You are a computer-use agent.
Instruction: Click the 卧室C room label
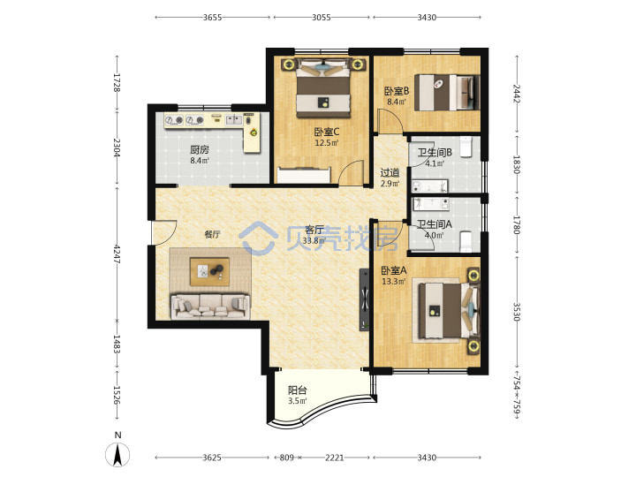point(327,132)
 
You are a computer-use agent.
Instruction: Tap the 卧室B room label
point(397,91)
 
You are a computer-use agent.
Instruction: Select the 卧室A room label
point(393,270)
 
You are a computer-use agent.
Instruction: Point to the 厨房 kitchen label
point(199,150)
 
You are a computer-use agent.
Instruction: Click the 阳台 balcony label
point(298,390)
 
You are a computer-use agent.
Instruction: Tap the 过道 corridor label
point(390,173)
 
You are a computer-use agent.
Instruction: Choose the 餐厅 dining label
point(212,234)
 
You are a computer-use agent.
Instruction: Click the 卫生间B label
point(435,153)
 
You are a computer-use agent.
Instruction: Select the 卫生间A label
point(435,223)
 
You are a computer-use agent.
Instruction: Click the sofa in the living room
point(209,306)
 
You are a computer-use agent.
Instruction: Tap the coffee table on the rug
point(209,271)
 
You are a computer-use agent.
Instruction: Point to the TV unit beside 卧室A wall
point(364,299)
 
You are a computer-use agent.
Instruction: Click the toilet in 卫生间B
point(466,147)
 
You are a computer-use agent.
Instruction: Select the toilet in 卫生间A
point(466,241)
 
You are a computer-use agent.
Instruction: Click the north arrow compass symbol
point(117,454)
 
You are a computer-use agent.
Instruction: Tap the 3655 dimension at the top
point(213,18)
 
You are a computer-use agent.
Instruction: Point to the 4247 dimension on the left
point(117,254)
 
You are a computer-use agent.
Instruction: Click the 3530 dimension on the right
point(517,312)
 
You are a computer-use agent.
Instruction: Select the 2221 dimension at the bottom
point(335,458)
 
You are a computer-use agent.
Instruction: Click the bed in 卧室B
point(447,93)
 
